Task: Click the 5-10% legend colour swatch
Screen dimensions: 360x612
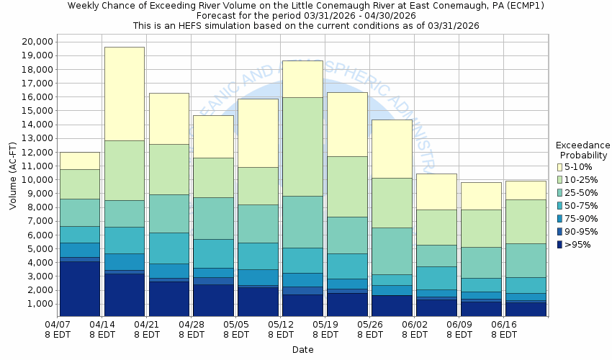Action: [559, 167]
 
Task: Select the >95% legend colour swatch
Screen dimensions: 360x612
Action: [559, 245]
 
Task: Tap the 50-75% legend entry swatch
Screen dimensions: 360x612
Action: [559, 206]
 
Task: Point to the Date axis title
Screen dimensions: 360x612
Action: [303, 349]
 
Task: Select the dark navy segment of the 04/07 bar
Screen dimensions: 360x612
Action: [80, 289]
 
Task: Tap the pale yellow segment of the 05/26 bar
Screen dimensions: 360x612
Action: [392, 149]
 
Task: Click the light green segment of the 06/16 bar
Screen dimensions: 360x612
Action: [525, 222]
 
